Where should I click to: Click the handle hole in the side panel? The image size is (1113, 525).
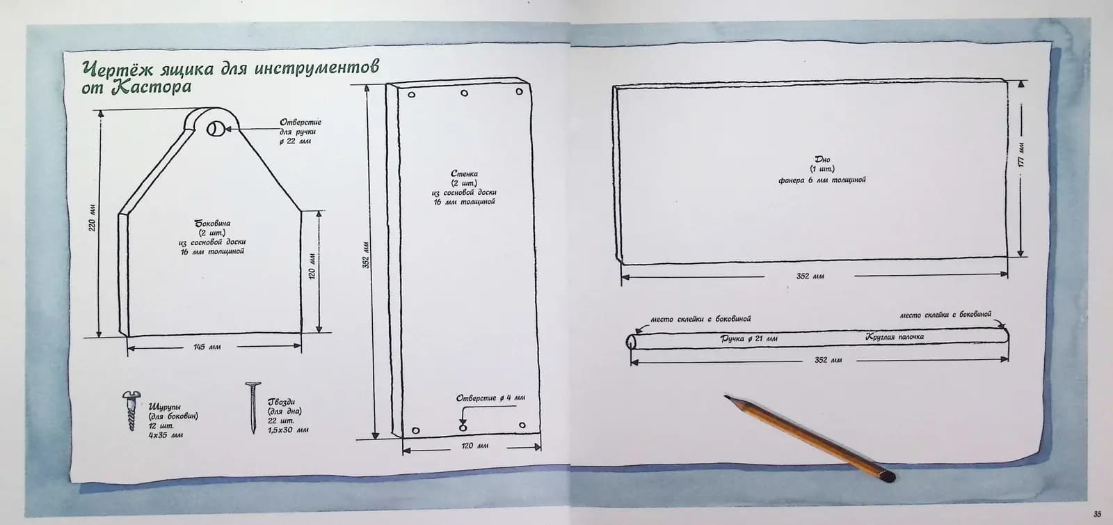[216, 128]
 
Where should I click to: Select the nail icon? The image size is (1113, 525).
[251, 407]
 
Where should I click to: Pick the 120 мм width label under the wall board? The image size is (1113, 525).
[467, 446]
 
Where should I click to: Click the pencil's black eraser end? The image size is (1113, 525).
[887, 477]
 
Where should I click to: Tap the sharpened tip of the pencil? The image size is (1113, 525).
[726, 397]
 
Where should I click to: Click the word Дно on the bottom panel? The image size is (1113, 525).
[822, 159]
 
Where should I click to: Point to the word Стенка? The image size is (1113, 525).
[464, 173]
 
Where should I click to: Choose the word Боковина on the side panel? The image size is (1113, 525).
[212, 224]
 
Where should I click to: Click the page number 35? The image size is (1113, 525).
[1097, 515]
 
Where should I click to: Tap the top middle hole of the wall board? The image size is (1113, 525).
[464, 93]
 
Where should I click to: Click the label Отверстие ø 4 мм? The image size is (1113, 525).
[490, 398]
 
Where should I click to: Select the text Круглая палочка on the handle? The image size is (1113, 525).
[895, 337]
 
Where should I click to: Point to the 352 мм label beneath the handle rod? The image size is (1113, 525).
[828, 360]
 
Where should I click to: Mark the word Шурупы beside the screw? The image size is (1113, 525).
[165, 407]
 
